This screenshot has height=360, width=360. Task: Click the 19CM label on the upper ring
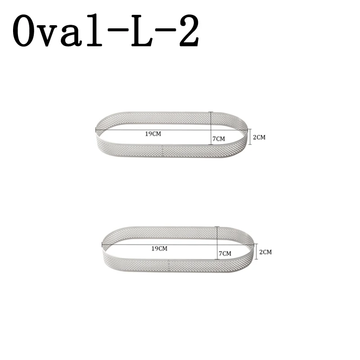(153, 134)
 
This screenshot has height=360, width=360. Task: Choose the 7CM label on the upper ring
(218, 139)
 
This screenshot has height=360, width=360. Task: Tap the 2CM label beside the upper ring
(260, 137)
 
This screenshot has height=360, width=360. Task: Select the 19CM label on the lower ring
(159, 248)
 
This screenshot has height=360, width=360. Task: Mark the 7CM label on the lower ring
(225, 254)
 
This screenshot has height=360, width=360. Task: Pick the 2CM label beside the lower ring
(266, 252)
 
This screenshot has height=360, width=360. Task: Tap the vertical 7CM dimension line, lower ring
(217, 243)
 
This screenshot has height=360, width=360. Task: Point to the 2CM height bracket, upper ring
(250, 137)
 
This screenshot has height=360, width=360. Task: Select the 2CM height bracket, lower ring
(256, 252)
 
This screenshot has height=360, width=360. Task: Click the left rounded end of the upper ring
(98, 132)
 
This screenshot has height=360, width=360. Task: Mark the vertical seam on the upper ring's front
(162, 149)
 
